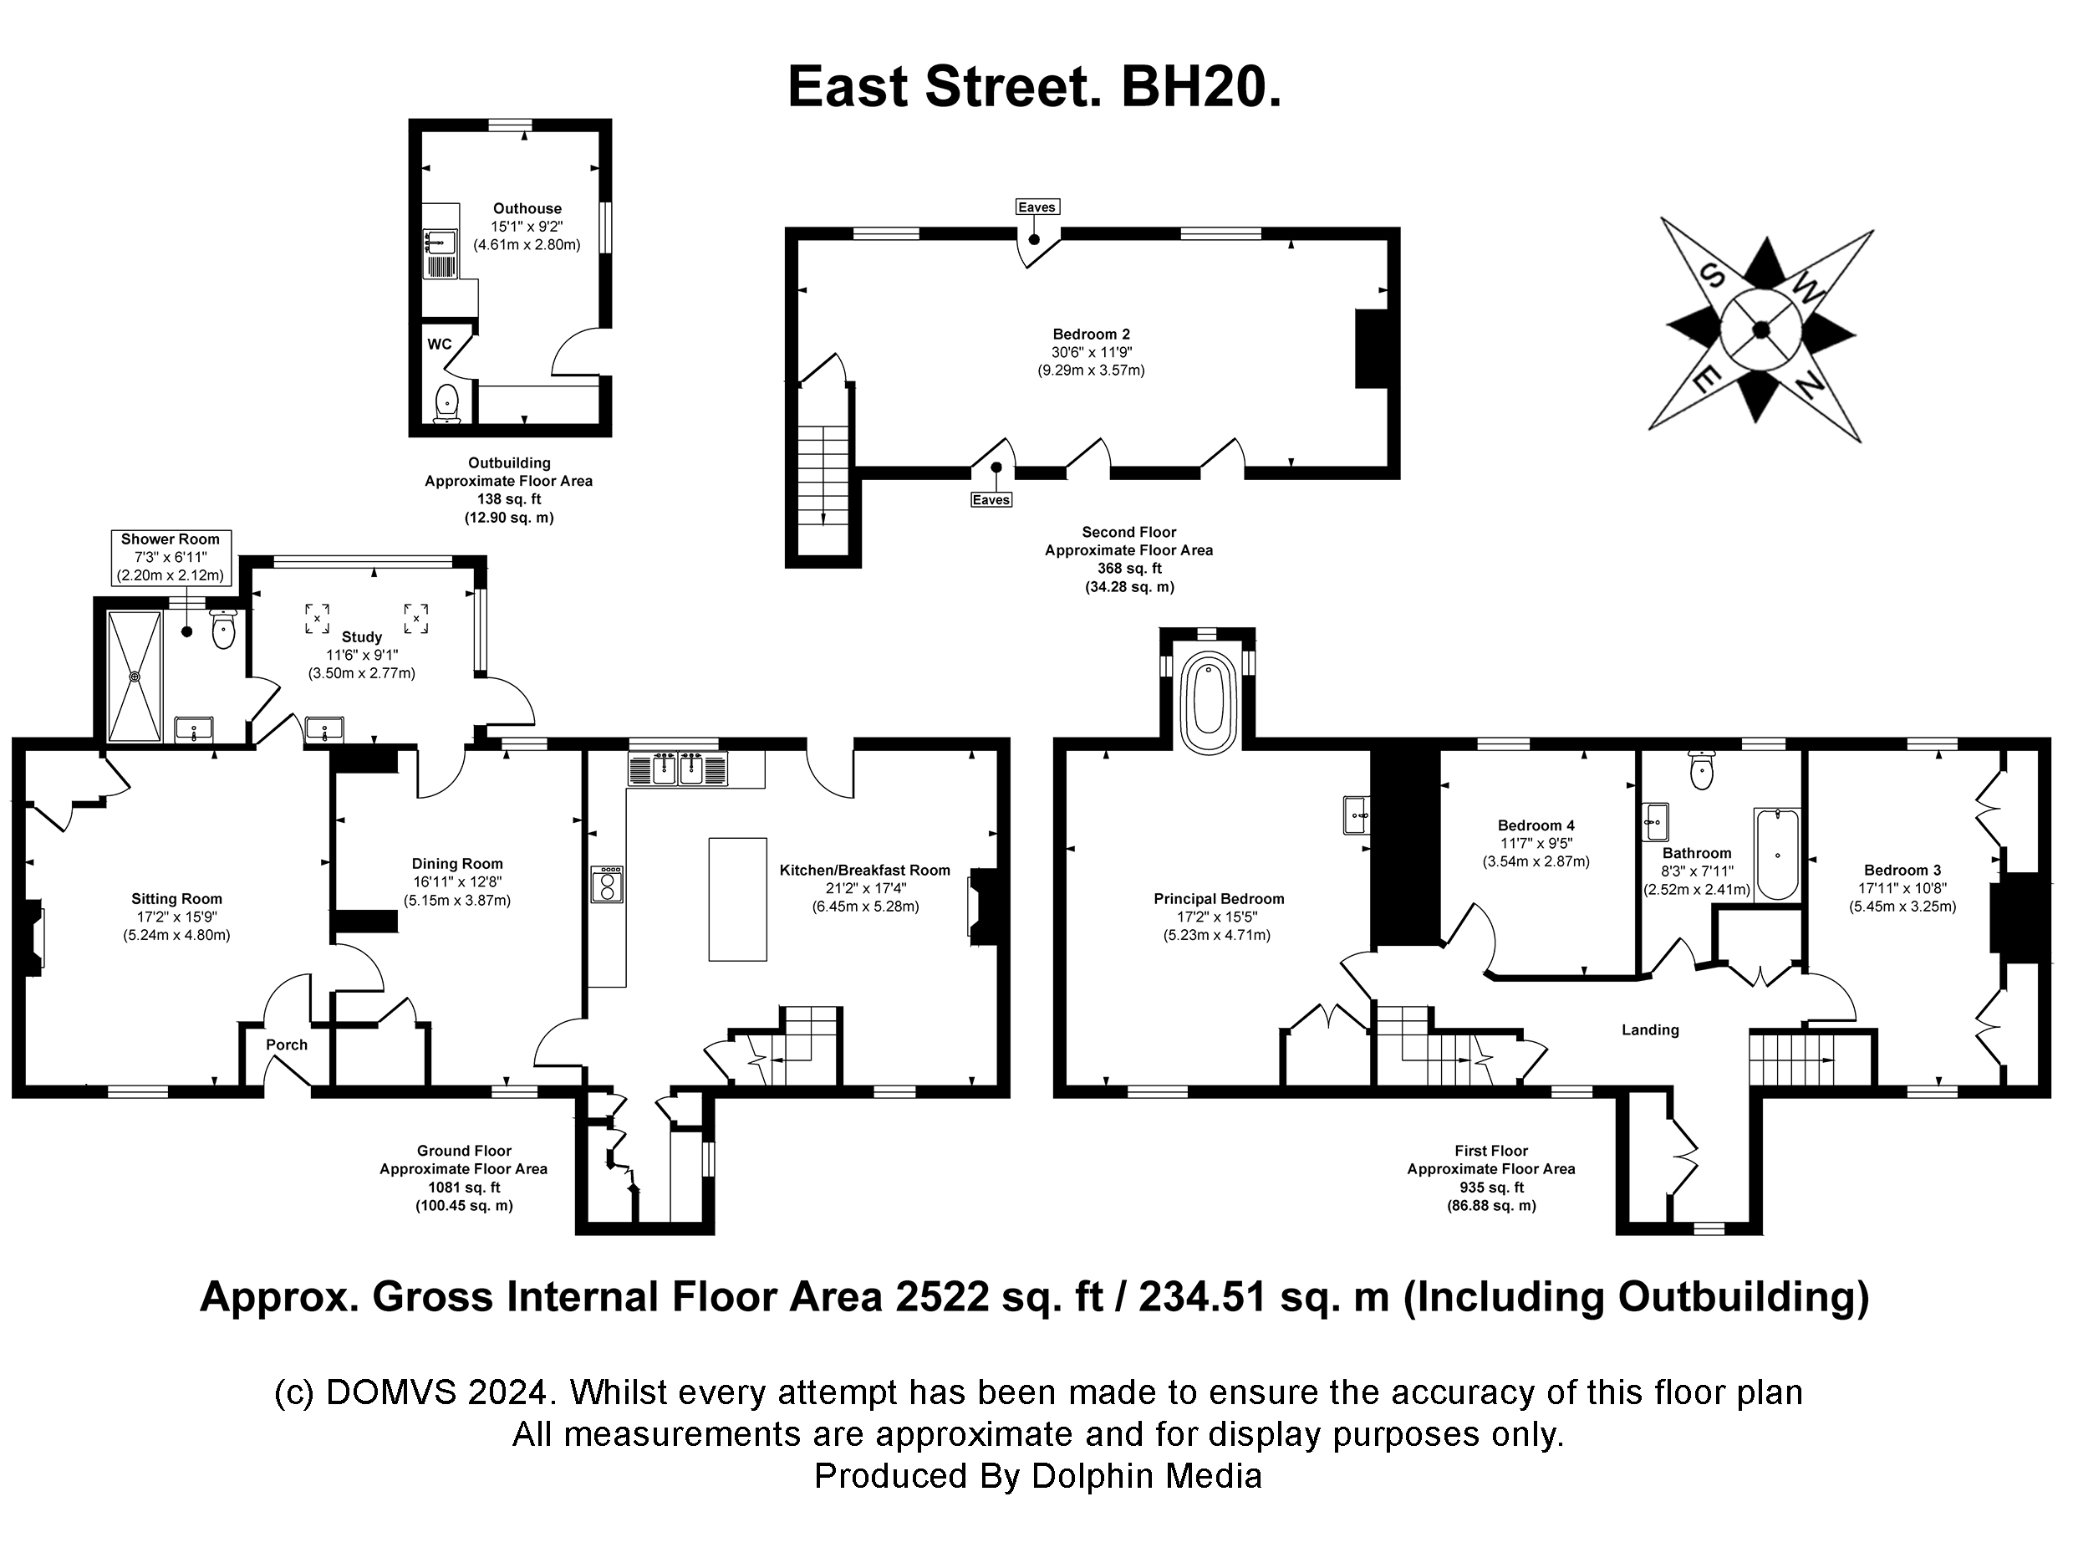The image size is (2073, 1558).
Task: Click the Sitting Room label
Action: click(x=176, y=899)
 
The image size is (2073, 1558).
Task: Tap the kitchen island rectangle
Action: click(x=737, y=899)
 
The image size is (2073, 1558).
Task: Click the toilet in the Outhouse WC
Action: click(x=448, y=403)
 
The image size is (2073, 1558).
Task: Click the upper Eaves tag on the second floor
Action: click(x=1036, y=207)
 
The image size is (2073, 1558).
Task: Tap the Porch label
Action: click(x=287, y=1045)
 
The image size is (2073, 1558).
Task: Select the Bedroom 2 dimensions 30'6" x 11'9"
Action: click(x=1091, y=352)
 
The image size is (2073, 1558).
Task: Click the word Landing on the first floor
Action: click(x=1650, y=1030)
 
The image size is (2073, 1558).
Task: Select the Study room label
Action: click(x=362, y=637)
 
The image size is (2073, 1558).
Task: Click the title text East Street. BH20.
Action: click(x=1035, y=87)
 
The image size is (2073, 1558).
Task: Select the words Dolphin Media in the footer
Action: click(x=1147, y=1476)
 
